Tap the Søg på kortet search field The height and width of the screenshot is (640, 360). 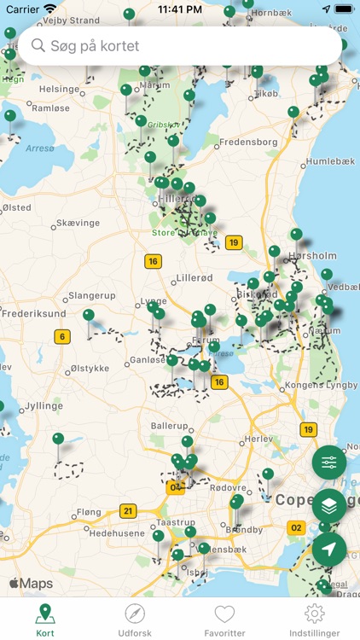[179, 46]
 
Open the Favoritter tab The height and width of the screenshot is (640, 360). [224, 620]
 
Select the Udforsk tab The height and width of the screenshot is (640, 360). [135, 620]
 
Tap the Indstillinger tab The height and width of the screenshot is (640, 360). [315, 620]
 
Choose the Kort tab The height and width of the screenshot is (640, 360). [45, 620]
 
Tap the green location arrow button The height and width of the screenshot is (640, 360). [329, 550]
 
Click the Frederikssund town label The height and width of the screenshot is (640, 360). [33, 313]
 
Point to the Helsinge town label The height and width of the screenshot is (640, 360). [59, 89]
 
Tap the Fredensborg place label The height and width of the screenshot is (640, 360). [248, 142]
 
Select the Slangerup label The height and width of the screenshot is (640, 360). [91, 295]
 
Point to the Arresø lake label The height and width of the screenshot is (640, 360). [40, 148]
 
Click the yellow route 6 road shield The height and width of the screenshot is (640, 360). [62, 337]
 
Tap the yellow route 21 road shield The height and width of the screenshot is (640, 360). [128, 511]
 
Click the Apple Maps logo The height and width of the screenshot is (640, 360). [32, 584]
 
